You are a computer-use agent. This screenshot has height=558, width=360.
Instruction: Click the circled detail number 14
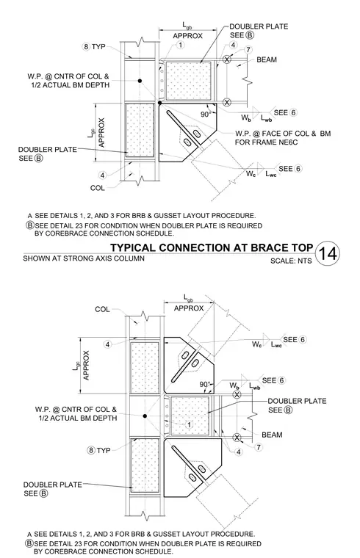click(x=327, y=253)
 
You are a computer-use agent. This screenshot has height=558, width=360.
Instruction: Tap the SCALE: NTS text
click(x=291, y=261)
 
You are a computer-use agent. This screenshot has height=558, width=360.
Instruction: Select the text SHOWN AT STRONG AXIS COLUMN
click(x=84, y=258)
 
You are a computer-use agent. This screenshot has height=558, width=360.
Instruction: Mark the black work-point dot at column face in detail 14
click(x=160, y=103)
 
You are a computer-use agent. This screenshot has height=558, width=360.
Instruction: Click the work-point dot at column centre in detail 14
click(x=140, y=81)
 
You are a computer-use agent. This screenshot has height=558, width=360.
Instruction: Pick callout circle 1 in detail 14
click(x=181, y=46)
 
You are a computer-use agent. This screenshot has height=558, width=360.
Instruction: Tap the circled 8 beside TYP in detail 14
click(x=86, y=46)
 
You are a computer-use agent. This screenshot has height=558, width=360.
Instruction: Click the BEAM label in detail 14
click(x=267, y=59)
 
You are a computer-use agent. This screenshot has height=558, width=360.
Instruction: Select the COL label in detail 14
click(x=97, y=187)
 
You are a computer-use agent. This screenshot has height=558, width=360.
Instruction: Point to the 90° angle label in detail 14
click(x=206, y=115)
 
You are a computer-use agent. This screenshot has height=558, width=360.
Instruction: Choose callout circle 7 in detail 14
click(x=248, y=49)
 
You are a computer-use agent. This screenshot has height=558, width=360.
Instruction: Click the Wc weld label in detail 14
click(x=251, y=173)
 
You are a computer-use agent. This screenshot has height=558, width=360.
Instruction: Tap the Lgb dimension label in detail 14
click(x=187, y=25)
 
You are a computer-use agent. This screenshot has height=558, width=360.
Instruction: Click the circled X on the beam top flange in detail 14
click(x=227, y=59)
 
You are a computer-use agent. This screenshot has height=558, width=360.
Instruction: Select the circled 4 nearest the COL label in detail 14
click(x=103, y=175)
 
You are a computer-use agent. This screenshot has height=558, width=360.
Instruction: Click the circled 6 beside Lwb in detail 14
click(x=293, y=112)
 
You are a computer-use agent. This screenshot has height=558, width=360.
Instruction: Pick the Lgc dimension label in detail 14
click(x=92, y=132)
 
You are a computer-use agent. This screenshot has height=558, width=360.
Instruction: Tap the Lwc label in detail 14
click(x=271, y=174)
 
